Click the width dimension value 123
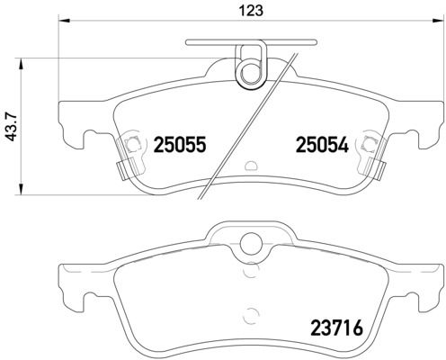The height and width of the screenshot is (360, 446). (x=245, y=11)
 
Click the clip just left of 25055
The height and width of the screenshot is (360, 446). (x=131, y=144)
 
